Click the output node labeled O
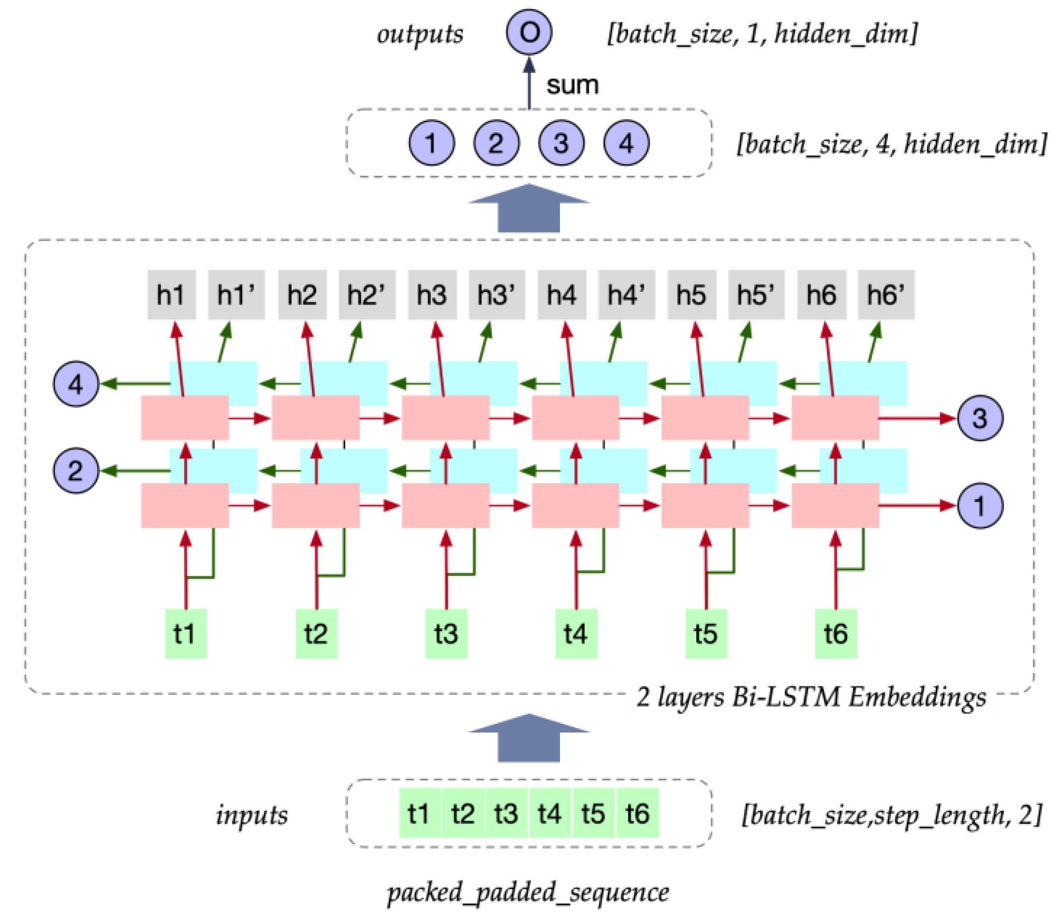(x=529, y=32)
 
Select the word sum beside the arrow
(x=572, y=85)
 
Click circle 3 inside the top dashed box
(x=561, y=143)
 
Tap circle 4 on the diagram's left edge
(x=76, y=384)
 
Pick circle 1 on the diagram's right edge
(x=979, y=506)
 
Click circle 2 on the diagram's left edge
(x=76, y=470)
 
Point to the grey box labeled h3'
(x=497, y=295)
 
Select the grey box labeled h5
(x=692, y=295)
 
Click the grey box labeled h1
(x=171, y=295)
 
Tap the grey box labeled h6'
(x=886, y=295)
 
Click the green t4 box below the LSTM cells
(x=576, y=634)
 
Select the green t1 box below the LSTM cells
(x=186, y=634)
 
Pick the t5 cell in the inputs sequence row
(x=593, y=814)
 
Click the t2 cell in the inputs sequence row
(x=463, y=814)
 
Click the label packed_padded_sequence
(x=528, y=892)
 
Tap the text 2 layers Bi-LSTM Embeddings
(x=812, y=696)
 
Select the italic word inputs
(x=252, y=814)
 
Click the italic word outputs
(x=420, y=34)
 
